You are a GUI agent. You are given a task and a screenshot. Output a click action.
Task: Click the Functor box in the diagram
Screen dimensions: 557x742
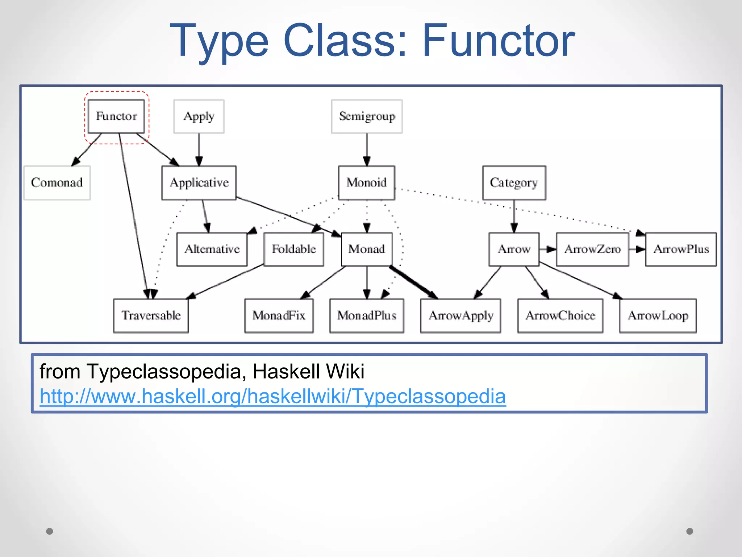116,116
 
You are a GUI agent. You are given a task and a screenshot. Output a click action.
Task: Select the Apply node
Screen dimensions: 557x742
199,116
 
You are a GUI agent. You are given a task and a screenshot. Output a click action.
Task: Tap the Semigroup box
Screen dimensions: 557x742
367,116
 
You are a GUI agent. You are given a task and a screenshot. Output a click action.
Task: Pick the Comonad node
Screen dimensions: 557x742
57,183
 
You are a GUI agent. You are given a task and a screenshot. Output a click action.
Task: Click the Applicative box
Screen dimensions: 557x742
199,183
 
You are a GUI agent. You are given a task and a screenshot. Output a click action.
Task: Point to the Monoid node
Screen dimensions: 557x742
367,183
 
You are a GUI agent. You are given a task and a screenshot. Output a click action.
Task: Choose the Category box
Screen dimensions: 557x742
514,183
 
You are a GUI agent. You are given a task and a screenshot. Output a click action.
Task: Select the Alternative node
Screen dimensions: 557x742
212,249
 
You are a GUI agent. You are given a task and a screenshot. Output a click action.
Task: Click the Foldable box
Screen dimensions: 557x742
294,249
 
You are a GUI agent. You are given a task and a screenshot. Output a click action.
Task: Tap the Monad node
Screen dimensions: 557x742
367,249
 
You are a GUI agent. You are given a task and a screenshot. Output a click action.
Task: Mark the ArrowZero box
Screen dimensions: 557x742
592,249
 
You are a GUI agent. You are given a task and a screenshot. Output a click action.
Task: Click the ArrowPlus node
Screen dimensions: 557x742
681,249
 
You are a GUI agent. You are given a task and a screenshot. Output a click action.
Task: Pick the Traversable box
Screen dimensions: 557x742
151,315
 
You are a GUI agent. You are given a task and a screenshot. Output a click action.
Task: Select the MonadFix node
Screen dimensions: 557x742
279,315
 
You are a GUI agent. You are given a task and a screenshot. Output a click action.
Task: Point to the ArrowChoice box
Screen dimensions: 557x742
560,315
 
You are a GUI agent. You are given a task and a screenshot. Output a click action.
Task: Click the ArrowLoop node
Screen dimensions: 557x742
658,315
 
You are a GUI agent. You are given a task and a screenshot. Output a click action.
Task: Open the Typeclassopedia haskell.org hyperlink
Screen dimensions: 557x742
272,396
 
